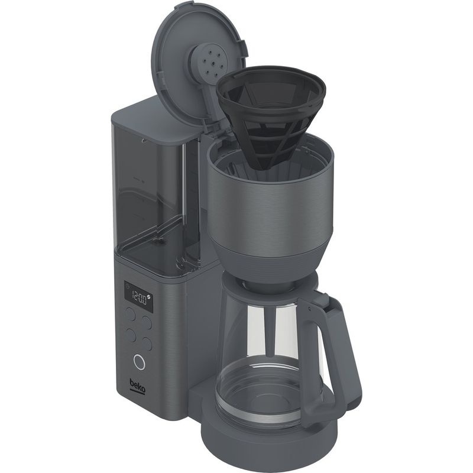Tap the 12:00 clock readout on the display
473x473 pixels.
pyautogui.click(x=139, y=299)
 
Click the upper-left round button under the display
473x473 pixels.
pyautogui.click(x=130, y=314)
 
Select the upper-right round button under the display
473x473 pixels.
pyautogui.click(x=147, y=322)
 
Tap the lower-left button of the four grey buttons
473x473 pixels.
pyautogui.click(x=131, y=335)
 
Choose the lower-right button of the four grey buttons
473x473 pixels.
pyautogui.click(x=147, y=344)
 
